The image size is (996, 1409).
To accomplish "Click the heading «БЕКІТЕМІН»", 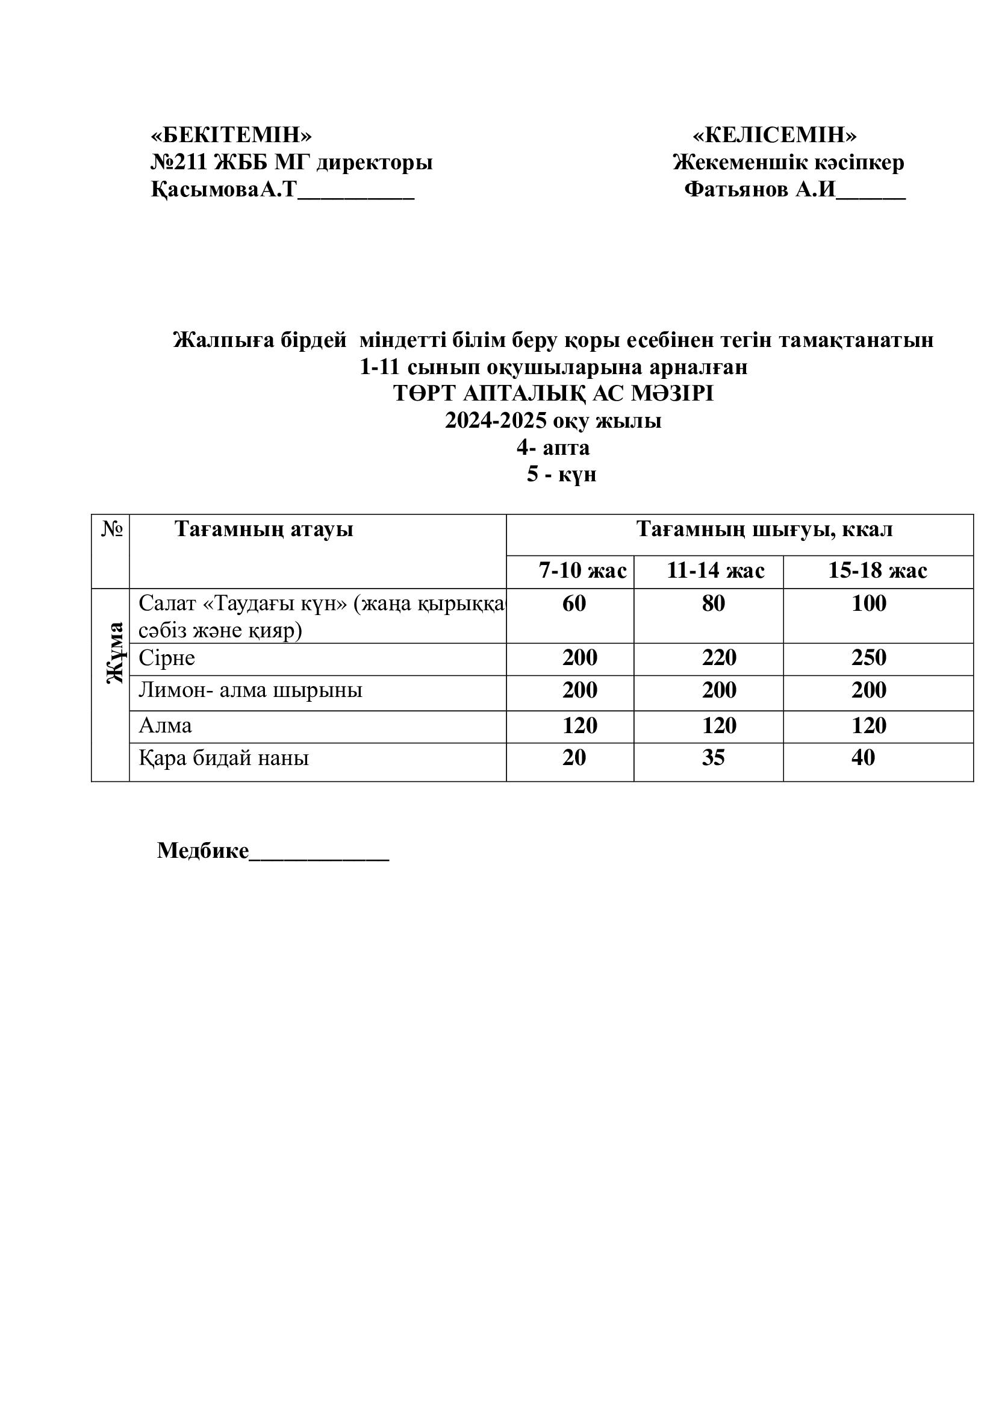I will [231, 134].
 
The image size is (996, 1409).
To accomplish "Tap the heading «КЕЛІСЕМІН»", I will [774, 134].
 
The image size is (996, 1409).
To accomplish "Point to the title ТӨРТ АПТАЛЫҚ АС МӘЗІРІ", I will [553, 393].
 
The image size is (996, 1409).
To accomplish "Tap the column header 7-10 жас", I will [583, 570].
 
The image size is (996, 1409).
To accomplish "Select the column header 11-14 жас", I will [715, 570].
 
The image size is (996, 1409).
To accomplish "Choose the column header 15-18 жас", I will [877, 570].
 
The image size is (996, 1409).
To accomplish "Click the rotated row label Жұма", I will [114, 652].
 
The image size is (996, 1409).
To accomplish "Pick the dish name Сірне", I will [167, 658].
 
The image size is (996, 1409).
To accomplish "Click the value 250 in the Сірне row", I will [868, 658].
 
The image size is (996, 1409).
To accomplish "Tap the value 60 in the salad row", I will [574, 604].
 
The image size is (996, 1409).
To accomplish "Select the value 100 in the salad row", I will [868, 604].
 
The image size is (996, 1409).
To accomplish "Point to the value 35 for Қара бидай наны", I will [713, 758].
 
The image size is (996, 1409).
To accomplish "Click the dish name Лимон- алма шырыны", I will [251, 690].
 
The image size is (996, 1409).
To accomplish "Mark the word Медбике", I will [203, 851].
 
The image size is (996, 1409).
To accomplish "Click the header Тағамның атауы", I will [264, 529].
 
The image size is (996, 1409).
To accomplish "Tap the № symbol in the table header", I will [111, 529].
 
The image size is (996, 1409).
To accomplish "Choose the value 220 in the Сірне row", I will [719, 658].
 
